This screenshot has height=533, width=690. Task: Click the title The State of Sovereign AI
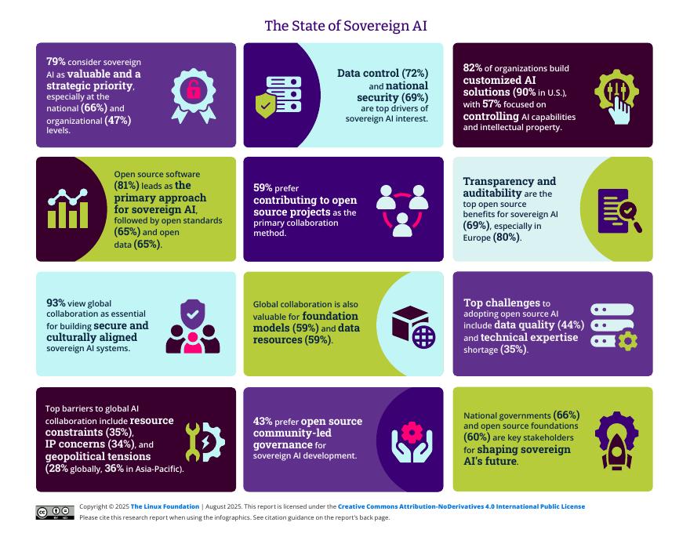click(x=345, y=26)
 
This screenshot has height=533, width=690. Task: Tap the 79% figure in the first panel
click(x=55, y=61)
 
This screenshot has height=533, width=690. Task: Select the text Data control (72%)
click(x=383, y=74)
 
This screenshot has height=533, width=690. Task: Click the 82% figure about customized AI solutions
click(x=472, y=68)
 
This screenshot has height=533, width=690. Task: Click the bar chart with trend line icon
click(x=68, y=208)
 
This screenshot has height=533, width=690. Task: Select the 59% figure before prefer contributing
click(x=263, y=188)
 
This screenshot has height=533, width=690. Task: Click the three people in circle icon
click(x=401, y=209)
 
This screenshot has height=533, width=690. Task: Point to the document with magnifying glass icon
click(x=619, y=211)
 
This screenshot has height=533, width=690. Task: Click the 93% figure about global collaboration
click(x=56, y=302)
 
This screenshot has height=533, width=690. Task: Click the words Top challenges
click(x=502, y=303)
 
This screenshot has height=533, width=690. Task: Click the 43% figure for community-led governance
click(x=263, y=422)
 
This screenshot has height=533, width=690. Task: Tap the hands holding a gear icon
click(x=411, y=442)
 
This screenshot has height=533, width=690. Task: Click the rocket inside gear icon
click(x=616, y=439)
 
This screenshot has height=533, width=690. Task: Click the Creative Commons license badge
click(x=55, y=513)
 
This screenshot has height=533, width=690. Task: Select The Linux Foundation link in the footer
click(x=165, y=507)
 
